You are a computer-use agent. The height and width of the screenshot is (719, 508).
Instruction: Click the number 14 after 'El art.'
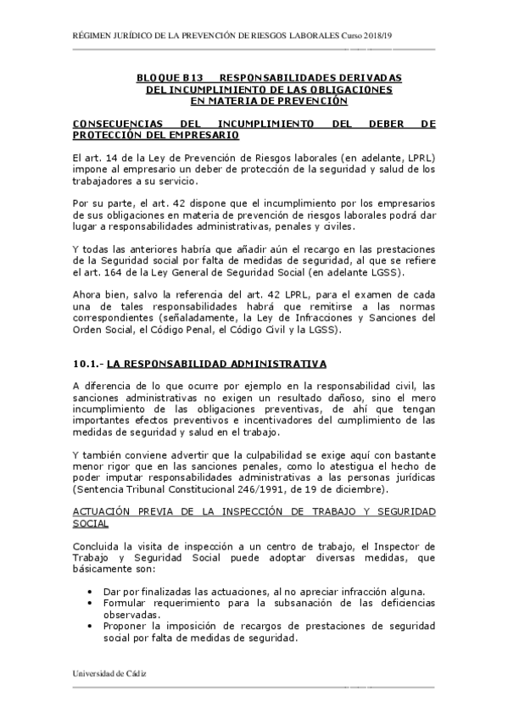115,158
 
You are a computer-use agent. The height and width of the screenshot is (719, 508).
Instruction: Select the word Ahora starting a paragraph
88,294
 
